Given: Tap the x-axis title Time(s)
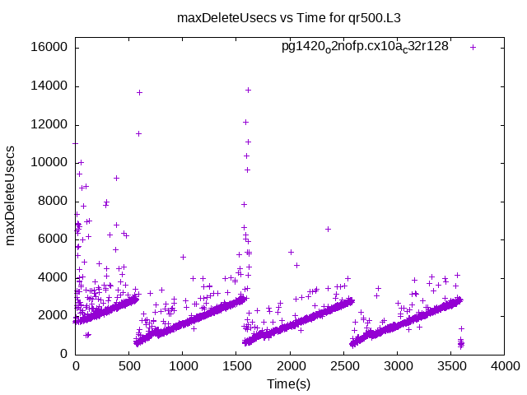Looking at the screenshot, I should pos(289,383).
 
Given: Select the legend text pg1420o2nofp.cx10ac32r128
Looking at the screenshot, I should pos(365,47).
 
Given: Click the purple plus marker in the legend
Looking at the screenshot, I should pos(473,47).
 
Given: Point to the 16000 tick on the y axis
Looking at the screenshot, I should pos(50,48).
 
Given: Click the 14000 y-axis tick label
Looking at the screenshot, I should pos(50,86).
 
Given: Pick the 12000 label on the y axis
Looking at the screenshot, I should pos(50,124).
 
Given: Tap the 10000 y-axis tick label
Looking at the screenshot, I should pos(50,163).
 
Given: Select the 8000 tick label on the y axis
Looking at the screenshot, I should pos(54,201).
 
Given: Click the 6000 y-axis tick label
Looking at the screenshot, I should pos(54,239).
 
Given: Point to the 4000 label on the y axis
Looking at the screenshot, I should pos(54,277).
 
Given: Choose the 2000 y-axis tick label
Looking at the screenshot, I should pos(54,316).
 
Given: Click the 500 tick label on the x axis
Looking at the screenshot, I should pos(129,368).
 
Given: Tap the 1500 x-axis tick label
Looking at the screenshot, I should pos(236,368).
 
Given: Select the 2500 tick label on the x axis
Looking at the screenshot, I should pos(343,368).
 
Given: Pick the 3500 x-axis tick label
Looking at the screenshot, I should pos(450,368).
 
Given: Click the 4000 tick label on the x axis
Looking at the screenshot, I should pos(504,368).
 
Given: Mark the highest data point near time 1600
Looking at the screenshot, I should pos(248,90).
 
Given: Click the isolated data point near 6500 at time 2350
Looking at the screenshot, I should pos(328,229).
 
